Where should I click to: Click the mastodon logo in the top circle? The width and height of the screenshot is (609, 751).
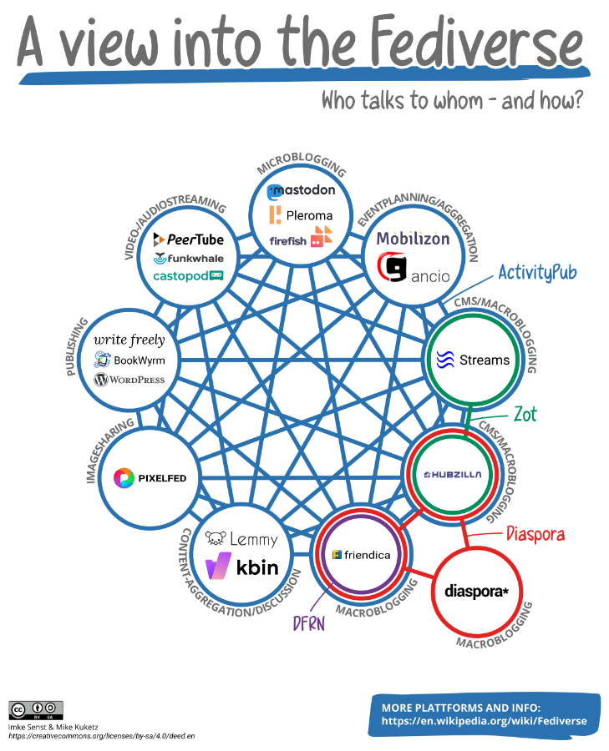pyautogui.click(x=301, y=191)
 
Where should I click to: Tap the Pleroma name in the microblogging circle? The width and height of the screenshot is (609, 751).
pyautogui.click(x=309, y=215)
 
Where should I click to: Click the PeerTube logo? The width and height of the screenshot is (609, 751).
pyautogui.click(x=189, y=239)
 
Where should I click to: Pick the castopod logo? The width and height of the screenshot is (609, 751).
pyautogui.click(x=188, y=276)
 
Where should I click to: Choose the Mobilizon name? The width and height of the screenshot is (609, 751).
pyautogui.click(x=414, y=238)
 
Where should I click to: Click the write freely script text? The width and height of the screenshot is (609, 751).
pyautogui.click(x=129, y=340)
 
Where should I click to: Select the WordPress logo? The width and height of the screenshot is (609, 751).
pyautogui.click(x=129, y=380)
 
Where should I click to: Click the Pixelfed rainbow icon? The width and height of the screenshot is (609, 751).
pyautogui.click(x=124, y=477)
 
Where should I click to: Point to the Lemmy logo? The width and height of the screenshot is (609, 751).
pyautogui.click(x=241, y=539)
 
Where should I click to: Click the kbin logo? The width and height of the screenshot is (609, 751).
pyautogui.click(x=241, y=566)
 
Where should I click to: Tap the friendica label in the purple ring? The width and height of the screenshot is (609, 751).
pyautogui.click(x=368, y=555)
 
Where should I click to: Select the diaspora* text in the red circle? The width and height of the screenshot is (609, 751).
pyautogui.click(x=476, y=592)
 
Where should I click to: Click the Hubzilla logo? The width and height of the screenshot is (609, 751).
pyautogui.click(x=453, y=475)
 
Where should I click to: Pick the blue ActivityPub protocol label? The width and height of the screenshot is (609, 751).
pyautogui.click(x=537, y=273)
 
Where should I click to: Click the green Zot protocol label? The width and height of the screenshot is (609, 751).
pyautogui.click(x=525, y=414)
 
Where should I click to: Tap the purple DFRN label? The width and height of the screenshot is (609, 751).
pyautogui.click(x=309, y=623)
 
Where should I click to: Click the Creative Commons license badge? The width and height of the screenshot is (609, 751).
pyautogui.click(x=36, y=710)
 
